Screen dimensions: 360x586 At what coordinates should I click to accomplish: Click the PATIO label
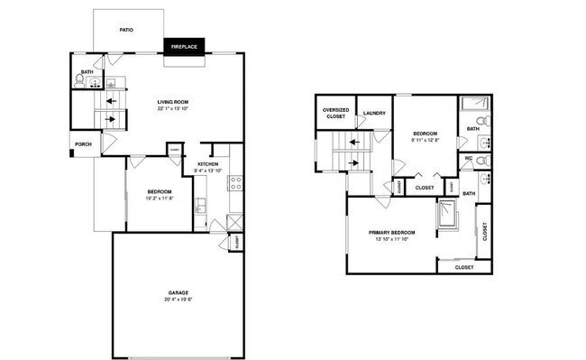click(x=127, y=30)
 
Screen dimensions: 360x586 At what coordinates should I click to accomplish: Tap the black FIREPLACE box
click(x=184, y=46)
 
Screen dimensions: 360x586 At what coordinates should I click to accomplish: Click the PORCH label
click(x=83, y=143)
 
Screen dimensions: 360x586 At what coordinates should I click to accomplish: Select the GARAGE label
click(x=178, y=293)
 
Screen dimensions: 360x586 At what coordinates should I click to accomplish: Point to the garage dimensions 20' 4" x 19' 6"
click(x=178, y=300)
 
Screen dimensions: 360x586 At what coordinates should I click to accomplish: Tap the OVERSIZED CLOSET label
click(x=335, y=113)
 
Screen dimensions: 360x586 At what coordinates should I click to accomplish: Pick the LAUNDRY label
click(x=374, y=113)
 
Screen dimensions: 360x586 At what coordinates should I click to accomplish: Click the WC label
click(x=469, y=159)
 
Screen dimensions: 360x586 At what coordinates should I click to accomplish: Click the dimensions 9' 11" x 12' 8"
click(x=425, y=140)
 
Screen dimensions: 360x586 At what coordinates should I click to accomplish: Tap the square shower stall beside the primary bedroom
click(x=447, y=215)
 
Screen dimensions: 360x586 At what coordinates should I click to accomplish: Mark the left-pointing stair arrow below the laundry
click(x=355, y=142)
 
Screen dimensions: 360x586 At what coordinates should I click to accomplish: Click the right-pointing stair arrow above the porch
click(x=111, y=118)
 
